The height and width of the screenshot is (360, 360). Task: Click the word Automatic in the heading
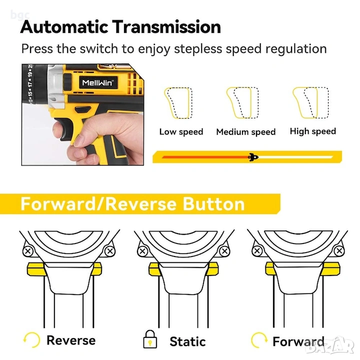coord(64,27)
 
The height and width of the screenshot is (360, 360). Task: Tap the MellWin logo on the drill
coord(98,82)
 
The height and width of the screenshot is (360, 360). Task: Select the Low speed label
coord(181,132)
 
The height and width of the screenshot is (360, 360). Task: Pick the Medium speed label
coord(246,132)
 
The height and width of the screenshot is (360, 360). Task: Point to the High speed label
coord(313,131)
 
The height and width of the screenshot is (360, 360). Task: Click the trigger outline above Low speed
coord(178,103)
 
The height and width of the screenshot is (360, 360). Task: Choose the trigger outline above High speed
coord(310,102)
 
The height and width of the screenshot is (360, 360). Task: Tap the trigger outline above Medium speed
coord(242,102)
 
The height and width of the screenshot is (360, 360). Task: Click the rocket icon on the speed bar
coord(253,157)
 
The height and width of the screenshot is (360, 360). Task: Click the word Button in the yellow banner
coord(213,204)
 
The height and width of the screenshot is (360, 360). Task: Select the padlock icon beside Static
coord(150,339)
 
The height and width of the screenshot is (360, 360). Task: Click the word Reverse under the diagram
coord(71,340)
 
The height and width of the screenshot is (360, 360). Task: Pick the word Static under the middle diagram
coord(187,341)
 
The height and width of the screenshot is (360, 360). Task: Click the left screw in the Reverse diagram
coord(28,251)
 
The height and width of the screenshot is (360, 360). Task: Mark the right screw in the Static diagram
coord(224,251)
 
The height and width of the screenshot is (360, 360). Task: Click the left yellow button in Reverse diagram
coord(36,269)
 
